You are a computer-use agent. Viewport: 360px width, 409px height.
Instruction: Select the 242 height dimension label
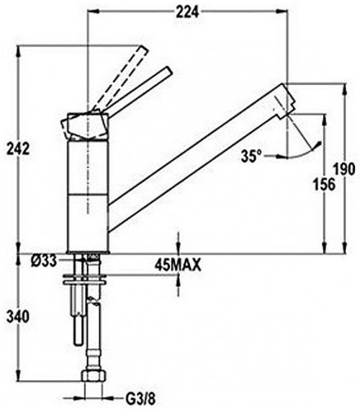[x=18, y=149]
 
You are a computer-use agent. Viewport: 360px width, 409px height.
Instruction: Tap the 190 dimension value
[x=345, y=168]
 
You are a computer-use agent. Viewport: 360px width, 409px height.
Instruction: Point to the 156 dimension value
[x=324, y=184]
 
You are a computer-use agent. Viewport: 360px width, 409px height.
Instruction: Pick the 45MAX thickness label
[x=178, y=265]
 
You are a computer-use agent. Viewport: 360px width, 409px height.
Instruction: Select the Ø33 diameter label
[x=44, y=261]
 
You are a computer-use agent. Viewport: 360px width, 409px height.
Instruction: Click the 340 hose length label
[x=18, y=317]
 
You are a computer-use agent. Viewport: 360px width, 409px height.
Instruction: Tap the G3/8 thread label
[x=140, y=398]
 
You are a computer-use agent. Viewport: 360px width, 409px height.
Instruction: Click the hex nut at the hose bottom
[x=94, y=377]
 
